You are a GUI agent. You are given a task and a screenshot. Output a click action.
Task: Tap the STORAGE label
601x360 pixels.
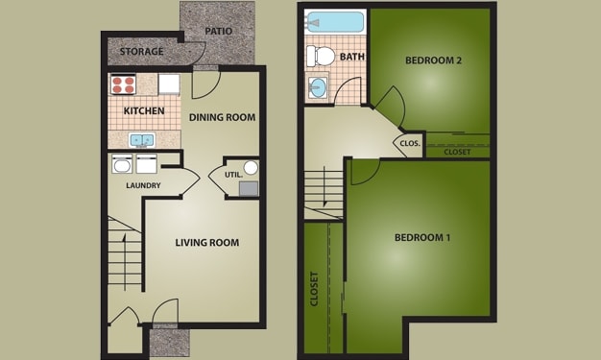(x=141, y=51)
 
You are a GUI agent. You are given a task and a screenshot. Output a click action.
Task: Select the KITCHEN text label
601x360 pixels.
(x=143, y=111)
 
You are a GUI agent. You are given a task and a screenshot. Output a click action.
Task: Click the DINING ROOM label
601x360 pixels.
(x=222, y=117)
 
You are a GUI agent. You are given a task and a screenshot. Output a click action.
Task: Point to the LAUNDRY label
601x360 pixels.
(x=142, y=185)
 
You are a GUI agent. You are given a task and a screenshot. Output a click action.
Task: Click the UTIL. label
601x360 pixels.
(x=232, y=175)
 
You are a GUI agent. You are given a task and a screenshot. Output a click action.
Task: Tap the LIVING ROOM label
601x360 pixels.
(x=206, y=242)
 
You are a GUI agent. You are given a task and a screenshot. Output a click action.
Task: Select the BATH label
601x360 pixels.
(x=351, y=58)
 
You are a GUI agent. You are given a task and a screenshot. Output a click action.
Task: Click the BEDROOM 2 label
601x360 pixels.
(x=433, y=60)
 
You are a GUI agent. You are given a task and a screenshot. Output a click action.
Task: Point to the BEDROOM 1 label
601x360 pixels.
(x=422, y=237)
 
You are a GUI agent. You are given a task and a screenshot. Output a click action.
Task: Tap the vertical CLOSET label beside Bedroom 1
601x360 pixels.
(x=314, y=288)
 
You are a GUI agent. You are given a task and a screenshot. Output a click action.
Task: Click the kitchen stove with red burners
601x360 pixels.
(x=123, y=84)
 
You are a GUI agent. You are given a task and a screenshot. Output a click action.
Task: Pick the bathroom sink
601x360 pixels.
(x=318, y=88)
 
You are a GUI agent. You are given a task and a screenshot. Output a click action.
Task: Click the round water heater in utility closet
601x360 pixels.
(x=250, y=168)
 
